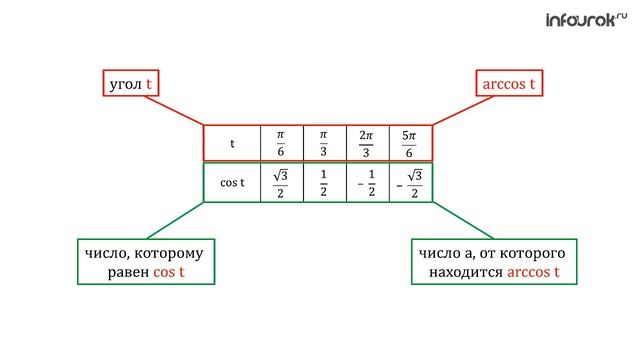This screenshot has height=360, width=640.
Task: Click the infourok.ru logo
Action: (586, 20)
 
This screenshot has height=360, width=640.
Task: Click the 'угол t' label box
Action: (131, 83)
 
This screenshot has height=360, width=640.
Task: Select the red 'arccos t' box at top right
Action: (509, 83)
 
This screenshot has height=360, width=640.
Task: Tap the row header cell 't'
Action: (232, 143)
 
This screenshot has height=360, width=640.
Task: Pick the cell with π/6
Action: (282, 143)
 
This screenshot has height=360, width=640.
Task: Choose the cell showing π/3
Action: (325, 143)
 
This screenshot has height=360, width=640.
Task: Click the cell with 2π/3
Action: (368, 143)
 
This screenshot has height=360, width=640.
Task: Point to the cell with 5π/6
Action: (411, 143)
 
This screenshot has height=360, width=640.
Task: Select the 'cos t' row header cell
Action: (232, 182)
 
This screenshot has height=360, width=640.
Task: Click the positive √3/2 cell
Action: (282, 182)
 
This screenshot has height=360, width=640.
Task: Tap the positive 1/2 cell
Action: (325, 182)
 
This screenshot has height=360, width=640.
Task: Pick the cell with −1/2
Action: (368, 182)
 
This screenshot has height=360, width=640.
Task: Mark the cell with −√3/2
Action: (411, 182)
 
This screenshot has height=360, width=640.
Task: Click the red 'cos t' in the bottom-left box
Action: (169, 272)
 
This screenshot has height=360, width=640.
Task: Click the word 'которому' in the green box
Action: (169, 254)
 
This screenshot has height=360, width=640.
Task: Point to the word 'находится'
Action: (466, 272)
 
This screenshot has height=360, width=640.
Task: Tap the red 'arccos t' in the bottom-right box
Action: (533, 272)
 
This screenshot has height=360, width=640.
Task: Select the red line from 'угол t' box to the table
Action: (174, 111)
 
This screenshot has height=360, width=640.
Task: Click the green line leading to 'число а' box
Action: (463, 220)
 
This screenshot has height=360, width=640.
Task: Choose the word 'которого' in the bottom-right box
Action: (531, 253)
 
